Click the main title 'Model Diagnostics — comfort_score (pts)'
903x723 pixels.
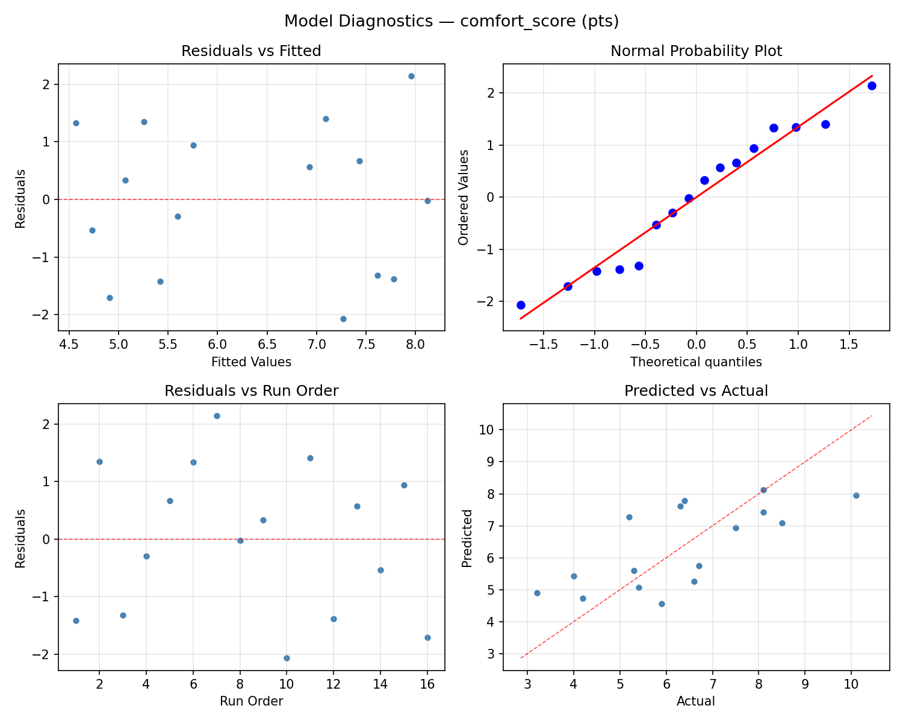451,21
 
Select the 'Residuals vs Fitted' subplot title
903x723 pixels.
251,51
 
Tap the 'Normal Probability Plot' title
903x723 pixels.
696,51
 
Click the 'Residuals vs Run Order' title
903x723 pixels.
251,391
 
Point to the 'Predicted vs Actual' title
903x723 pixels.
696,391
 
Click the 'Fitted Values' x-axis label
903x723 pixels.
251,362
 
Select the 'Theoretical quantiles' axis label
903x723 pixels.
696,362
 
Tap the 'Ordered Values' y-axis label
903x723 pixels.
463,198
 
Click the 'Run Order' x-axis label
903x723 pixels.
251,701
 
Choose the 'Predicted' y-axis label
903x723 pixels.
467,538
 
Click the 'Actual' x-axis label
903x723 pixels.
696,701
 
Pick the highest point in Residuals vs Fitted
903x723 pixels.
411,76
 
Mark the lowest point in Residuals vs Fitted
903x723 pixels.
343,319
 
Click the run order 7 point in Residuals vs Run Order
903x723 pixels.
217,416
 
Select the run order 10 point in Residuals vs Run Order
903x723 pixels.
287,658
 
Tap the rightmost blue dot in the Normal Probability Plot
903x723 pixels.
872,86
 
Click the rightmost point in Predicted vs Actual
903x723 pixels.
856,495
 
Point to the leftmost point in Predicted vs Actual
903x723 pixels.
537,593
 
